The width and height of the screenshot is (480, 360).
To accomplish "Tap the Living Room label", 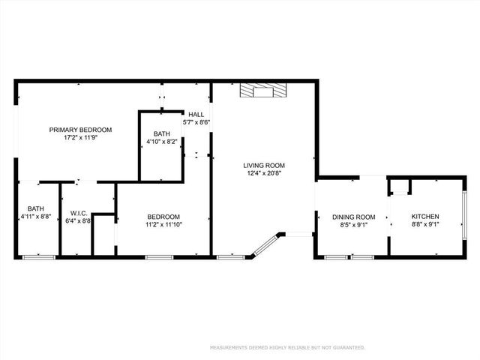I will (x=264, y=166).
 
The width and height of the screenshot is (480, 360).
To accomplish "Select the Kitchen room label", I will (x=424, y=216).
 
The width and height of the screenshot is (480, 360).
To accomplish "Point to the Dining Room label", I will (x=353, y=217).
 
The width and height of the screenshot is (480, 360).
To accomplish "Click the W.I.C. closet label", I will (x=78, y=213).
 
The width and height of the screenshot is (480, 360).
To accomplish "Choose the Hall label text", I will (x=196, y=115).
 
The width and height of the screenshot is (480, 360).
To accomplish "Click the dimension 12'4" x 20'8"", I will (x=264, y=173).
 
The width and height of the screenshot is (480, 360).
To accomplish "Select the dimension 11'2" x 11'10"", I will (x=163, y=223).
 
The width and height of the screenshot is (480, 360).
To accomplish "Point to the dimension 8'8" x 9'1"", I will (x=424, y=223).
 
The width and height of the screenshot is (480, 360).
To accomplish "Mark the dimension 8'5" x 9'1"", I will (x=353, y=224).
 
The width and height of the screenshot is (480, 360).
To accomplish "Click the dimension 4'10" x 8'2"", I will (x=162, y=141).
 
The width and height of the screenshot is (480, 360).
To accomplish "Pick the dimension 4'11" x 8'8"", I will (x=36, y=217).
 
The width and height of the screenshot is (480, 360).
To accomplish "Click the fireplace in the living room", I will (x=262, y=91).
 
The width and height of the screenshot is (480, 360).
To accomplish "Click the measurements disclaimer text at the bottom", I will (x=287, y=348).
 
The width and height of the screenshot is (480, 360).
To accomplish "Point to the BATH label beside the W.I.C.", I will (x=36, y=208).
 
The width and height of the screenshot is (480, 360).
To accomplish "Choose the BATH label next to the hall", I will (x=162, y=133).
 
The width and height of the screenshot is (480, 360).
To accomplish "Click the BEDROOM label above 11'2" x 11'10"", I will (x=163, y=216).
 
